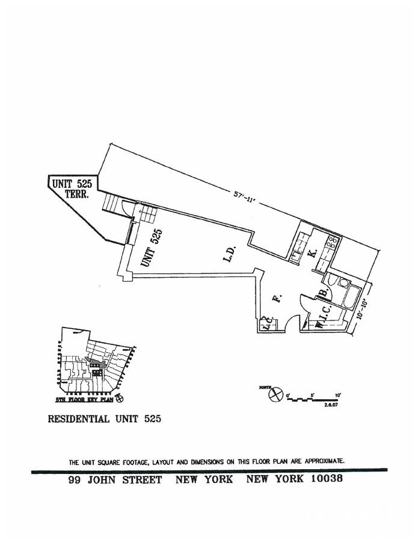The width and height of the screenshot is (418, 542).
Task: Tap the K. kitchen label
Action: (313, 253)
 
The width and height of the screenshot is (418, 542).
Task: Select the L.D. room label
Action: (228, 254)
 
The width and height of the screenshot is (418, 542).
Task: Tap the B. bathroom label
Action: (323, 293)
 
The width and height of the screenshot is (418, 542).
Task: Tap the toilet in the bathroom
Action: (342, 282)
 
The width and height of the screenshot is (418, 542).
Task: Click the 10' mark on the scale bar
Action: (338, 395)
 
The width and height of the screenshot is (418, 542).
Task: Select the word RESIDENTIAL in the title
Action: (78, 419)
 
